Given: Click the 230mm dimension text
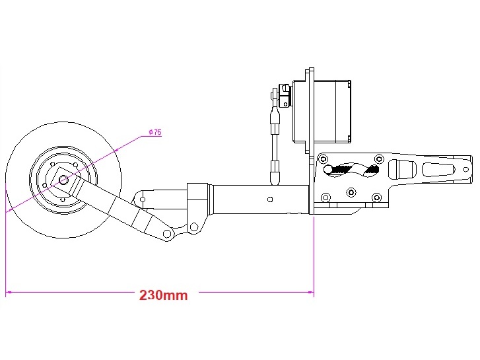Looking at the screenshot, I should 163,295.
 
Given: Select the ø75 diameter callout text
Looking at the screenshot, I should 154,133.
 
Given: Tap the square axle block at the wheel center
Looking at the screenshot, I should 63,179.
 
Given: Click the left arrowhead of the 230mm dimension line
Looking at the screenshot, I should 9,291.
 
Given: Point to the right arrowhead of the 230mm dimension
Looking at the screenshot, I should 310,291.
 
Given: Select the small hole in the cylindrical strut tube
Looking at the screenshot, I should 270,198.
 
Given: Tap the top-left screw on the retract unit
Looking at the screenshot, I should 324,159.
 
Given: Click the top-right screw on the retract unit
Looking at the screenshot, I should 378,159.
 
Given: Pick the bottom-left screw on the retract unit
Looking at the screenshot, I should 325,197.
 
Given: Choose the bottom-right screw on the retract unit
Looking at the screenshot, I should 376,197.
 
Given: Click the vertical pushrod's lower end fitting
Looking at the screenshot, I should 275,172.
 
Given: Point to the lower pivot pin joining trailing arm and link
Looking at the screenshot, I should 168,234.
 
